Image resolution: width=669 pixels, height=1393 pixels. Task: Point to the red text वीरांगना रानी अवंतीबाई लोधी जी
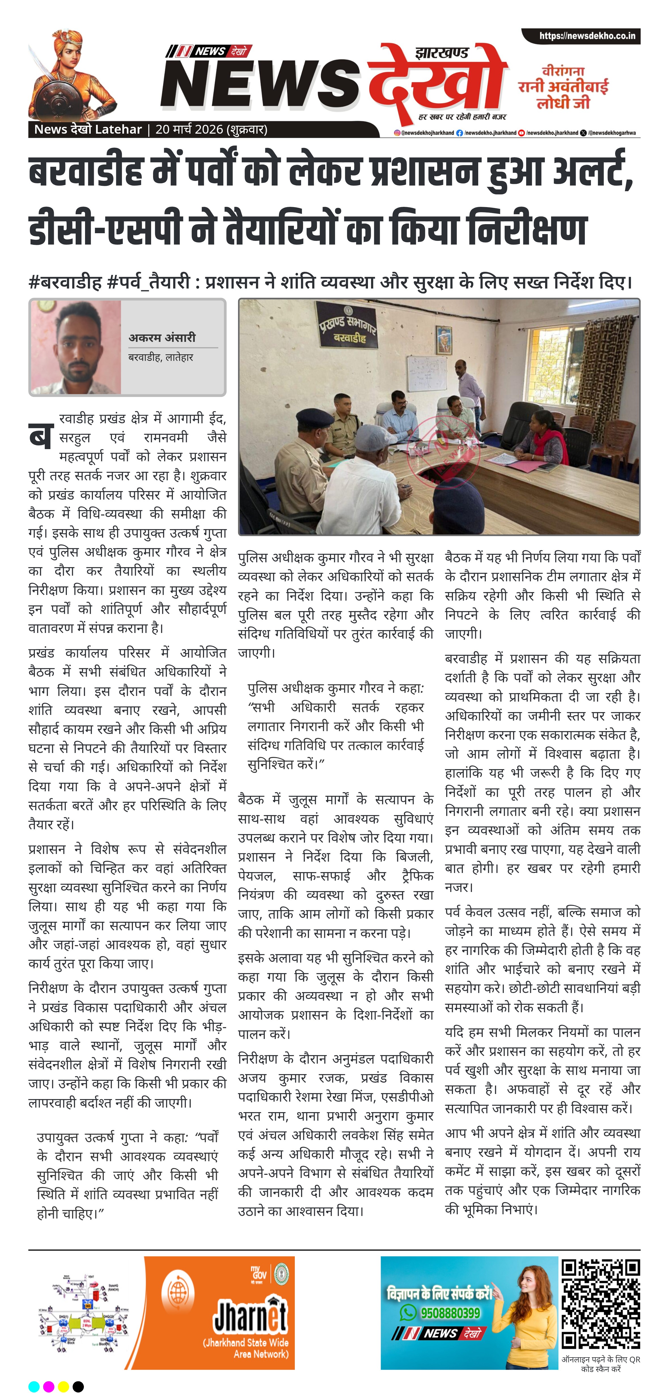tap(563, 87)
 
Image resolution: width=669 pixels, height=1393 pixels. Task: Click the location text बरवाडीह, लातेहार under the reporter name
tap(160, 357)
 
